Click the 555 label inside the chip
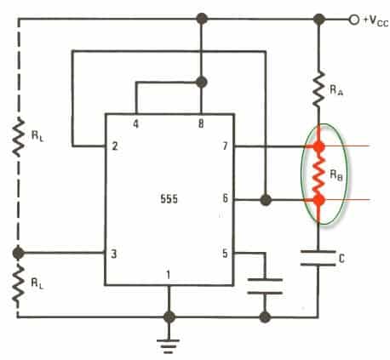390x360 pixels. click(169, 199)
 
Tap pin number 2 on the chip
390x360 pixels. click(115, 146)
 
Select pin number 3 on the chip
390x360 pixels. click(114, 254)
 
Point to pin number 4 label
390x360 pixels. click(136, 124)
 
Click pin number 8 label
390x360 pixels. click(201, 123)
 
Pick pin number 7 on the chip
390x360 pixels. click(225, 146)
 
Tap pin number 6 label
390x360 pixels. click(225, 198)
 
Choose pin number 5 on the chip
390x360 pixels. click(225, 254)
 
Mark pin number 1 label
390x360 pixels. click(169, 275)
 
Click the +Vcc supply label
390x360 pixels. click(376, 20)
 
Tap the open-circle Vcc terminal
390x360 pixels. click(354, 20)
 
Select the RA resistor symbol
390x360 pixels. click(319, 89)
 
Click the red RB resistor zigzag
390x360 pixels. click(318, 174)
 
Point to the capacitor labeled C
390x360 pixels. click(318, 258)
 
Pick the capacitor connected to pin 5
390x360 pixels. click(265, 286)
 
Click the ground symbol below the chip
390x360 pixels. click(169, 346)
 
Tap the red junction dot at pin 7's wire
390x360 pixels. click(318, 146)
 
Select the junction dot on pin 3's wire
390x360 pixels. click(19, 253)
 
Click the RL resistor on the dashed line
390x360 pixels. click(19, 137)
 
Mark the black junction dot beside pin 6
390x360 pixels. click(266, 200)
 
